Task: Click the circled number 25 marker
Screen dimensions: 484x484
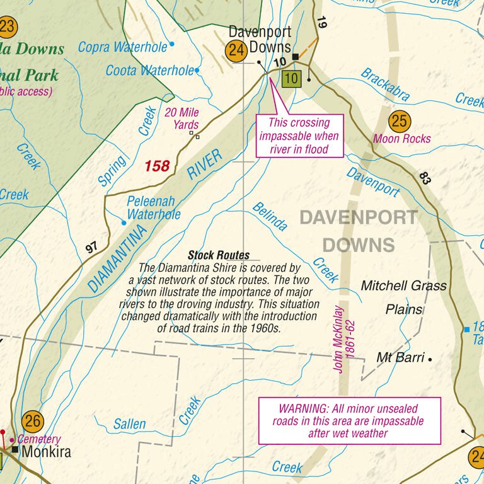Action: pos(400,120)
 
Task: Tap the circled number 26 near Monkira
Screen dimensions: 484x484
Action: pos(33,420)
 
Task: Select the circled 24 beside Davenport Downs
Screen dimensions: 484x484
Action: pos(237,51)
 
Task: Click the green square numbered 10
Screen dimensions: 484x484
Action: pos(291,79)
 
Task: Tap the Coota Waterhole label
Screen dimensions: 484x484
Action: pos(150,71)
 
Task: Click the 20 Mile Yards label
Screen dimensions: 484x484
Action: pos(181,118)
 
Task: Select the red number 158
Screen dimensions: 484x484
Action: pos(157,166)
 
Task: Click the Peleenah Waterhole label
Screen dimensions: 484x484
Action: pos(153,209)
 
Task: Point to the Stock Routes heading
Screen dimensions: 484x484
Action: pos(219,255)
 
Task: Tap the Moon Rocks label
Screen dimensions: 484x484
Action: pos(402,139)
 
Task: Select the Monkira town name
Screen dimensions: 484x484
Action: pos(46,452)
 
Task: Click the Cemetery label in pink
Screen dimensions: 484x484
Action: pos(39,439)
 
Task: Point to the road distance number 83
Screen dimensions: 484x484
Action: pos(424,178)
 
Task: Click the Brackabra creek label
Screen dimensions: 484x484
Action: pos(385,84)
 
